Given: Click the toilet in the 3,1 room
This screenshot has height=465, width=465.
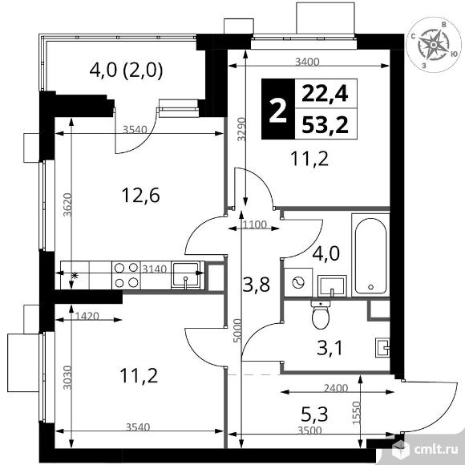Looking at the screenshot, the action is coord(320,314).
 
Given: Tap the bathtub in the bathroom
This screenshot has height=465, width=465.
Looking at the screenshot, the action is coord(370,255).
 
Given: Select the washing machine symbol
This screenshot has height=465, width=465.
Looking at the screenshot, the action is coord(298,282).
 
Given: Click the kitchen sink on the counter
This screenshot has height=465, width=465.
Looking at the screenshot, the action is coord(186,275).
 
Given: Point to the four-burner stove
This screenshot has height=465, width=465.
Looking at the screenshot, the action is coord(127,275).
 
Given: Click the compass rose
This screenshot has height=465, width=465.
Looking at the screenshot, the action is coord(433,45).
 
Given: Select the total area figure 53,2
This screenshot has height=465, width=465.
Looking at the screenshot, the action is coord(325,125).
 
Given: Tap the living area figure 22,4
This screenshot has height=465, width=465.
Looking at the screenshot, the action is coord(325,94).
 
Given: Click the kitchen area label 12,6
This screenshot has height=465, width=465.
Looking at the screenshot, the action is coord(141,196).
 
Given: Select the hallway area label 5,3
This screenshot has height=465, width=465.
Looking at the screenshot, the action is coord(314,414).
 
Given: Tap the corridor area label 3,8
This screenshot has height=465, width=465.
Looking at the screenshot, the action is coord(257,284).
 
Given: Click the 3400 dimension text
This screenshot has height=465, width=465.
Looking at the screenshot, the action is coord(307,62).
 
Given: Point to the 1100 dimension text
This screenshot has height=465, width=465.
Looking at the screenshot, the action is coord(254,224).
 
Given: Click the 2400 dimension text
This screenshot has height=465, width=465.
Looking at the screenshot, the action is coord(336,388).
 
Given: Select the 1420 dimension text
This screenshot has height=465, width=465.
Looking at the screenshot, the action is coord(87,316).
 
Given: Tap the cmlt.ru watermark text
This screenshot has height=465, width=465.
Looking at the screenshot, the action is coord(436,450).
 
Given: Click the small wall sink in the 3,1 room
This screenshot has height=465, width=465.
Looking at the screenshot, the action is coord(382,348).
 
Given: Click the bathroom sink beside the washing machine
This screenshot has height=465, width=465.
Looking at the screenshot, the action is coord(332,286).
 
